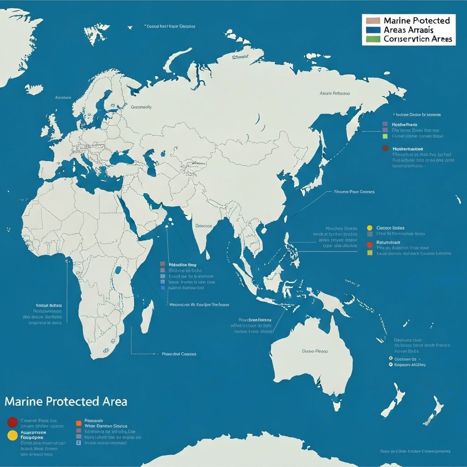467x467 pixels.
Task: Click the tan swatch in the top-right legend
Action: tap(373, 21)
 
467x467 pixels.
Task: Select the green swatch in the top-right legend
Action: tap(373, 39)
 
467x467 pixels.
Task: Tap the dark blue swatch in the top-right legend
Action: tap(373, 30)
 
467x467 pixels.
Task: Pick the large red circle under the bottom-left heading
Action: tap(12, 422)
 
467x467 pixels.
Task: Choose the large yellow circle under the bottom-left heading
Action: tap(12, 435)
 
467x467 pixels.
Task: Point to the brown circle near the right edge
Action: tap(385, 149)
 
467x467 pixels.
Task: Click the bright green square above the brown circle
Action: tap(385, 136)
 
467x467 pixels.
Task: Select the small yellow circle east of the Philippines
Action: tap(369, 228)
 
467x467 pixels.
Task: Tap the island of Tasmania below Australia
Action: tap(337, 405)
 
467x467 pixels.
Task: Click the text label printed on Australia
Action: tap(315, 352)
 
